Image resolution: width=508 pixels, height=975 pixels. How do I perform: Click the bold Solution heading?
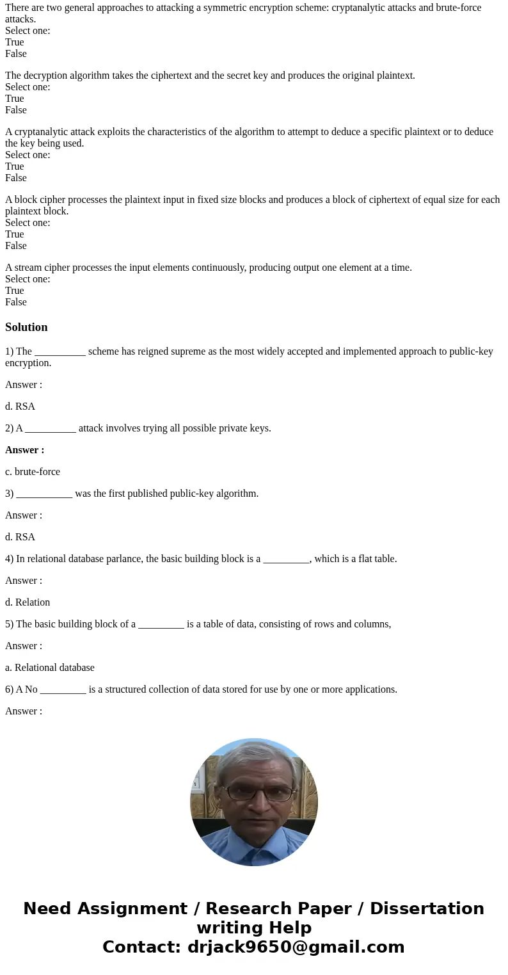tap(26, 327)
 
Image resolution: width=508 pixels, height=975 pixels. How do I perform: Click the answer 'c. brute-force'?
tap(33, 472)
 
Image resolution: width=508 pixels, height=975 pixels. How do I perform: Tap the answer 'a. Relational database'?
tap(50, 668)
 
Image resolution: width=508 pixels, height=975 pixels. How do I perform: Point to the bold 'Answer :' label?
tap(24, 450)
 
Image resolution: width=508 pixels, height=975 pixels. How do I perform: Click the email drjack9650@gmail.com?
tap(296, 947)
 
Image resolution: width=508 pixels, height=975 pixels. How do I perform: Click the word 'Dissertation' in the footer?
tap(427, 908)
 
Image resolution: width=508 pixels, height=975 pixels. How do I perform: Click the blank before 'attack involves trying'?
tap(51, 428)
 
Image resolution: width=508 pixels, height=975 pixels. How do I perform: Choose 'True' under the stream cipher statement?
tap(15, 291)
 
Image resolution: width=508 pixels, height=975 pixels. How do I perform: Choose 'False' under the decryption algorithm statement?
tap(16, 110)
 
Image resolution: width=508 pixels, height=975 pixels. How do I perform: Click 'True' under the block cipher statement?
tap(15, 234)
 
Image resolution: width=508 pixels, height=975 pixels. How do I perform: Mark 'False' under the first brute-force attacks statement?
tap(16, 54)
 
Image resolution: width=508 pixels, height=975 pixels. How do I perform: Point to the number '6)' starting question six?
tap(9, 689)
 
